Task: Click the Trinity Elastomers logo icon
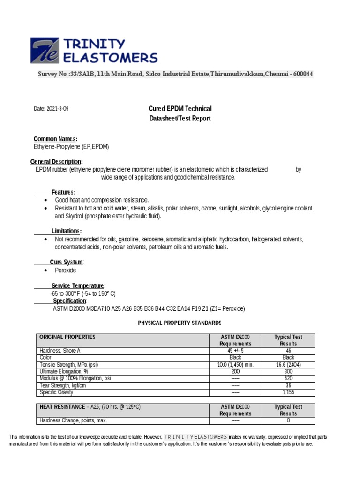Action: point(45,51)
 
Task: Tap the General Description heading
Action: point(56,162)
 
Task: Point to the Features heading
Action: point(63,192)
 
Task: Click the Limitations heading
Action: point(67,231)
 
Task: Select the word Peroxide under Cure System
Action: point(65,270)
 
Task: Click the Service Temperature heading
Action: point(78,286)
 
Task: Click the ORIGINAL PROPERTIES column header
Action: point(67,337)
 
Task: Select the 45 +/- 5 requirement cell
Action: point(236,351)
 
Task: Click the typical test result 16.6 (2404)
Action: point(288,364)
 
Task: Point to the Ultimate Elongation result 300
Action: point(288,371)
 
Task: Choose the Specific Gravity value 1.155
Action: point(288,392)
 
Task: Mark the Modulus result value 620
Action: point(288,378)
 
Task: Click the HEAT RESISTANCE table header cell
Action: point(90,407)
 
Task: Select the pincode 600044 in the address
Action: point(303,74)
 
